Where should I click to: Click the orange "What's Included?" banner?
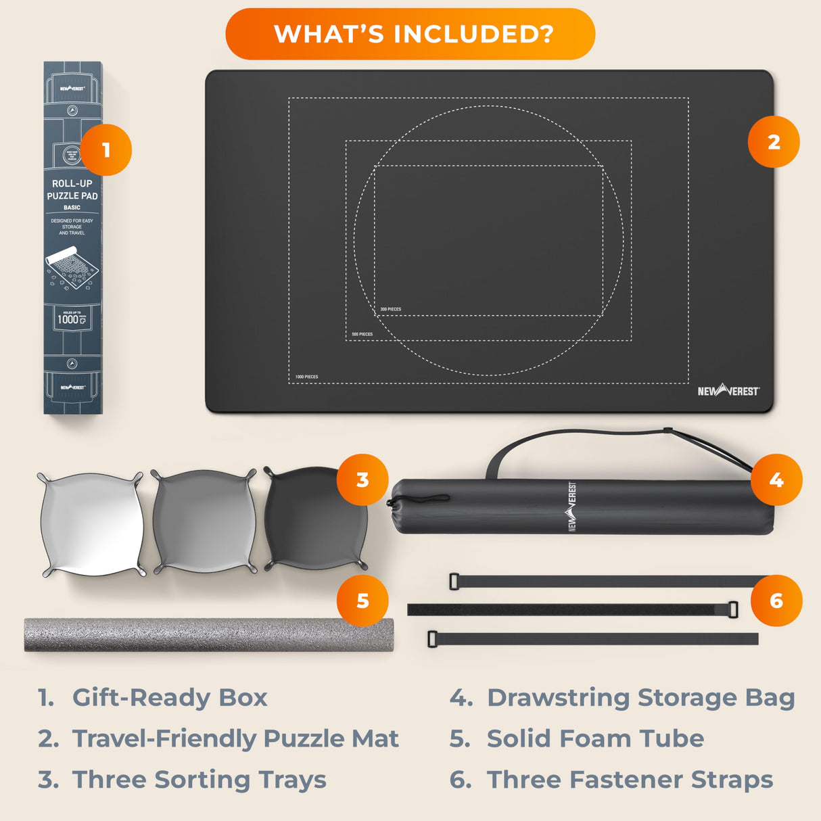410,34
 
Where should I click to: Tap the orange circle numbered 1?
106,149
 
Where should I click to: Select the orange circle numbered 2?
774,142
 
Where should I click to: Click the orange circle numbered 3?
362,479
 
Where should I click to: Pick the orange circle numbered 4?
776,479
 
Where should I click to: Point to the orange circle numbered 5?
362,601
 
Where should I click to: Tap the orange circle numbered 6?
776,601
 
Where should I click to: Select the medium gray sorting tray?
204,521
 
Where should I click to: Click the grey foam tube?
203,634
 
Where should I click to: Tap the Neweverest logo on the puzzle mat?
728,391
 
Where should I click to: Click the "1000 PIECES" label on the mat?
306,377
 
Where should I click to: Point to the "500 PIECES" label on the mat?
362,334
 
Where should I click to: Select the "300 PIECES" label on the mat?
390,309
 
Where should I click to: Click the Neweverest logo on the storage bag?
572,507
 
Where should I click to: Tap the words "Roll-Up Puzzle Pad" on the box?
72,189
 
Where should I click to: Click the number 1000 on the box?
68,320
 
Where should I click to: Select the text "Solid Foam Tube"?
595,738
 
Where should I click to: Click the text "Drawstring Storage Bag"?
640,697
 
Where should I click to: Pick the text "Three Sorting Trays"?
199,780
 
